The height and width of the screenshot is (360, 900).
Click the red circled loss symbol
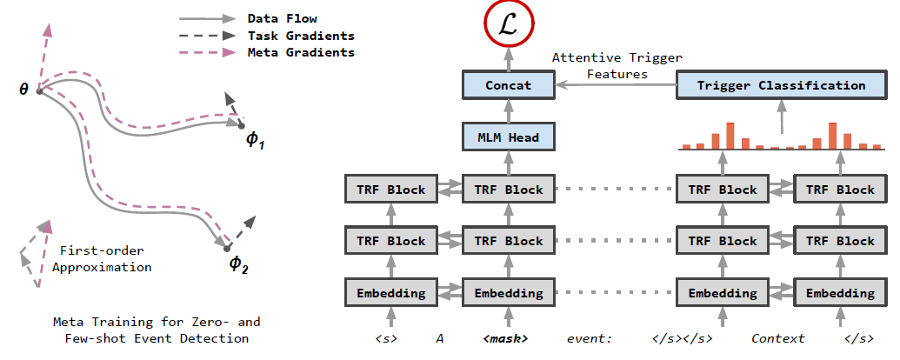point(509,26)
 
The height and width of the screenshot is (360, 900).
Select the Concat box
point(509,85)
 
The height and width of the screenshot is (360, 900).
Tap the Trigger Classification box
point(781,85)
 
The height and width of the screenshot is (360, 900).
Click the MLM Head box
point(509,137)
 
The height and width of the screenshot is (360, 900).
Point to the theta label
point(23,90)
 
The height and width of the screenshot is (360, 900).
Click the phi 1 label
point(256,140)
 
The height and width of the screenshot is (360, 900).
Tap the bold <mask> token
point(506,339)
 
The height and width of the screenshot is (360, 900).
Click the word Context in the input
point(778,339)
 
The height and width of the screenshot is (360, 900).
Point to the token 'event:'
point(590,339)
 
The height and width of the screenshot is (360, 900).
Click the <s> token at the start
point(386,339)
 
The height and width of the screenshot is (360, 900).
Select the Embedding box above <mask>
point(509,293)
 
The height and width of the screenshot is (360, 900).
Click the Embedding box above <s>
point(391,293)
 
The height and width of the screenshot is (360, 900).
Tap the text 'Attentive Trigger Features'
point(617,66)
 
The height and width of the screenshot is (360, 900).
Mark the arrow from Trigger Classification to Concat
point(616,85)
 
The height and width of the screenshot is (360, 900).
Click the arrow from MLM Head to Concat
point(509,111)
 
